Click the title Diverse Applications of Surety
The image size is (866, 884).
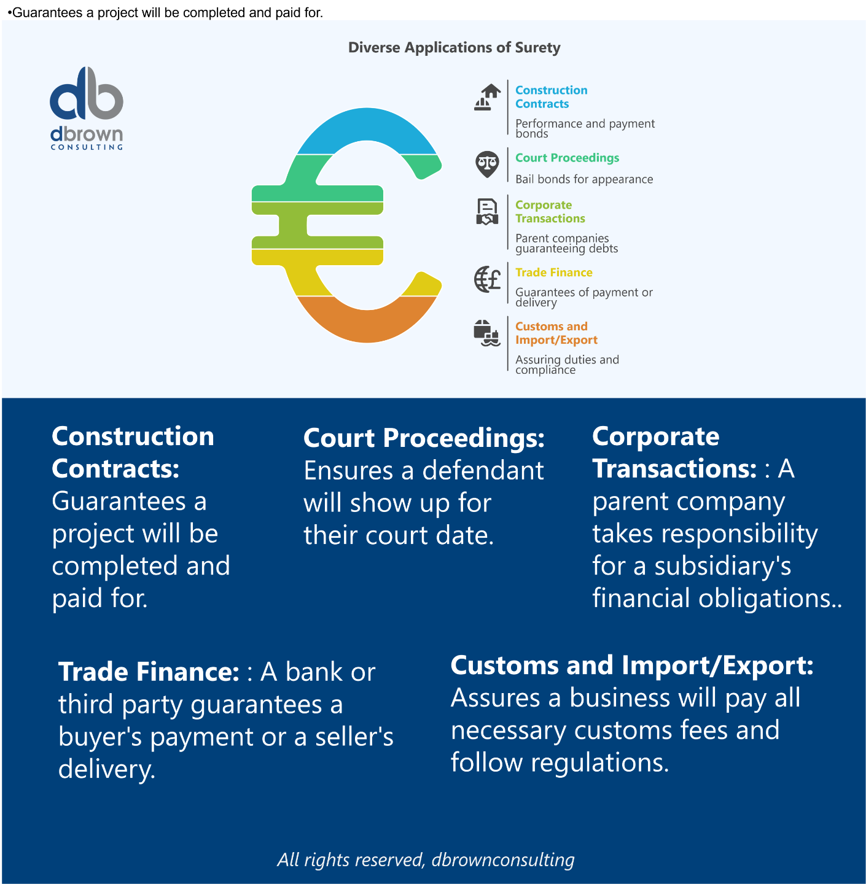[454, 48]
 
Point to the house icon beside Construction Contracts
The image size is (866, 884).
[488, 98]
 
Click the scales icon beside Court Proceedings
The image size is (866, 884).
[487, 165]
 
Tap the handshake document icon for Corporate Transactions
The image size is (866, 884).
[487, 212]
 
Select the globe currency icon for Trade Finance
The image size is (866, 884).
[488, 279]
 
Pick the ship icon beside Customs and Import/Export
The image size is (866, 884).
[488, 333]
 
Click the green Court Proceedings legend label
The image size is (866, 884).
[567, 158]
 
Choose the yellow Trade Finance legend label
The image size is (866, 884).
[553, 273]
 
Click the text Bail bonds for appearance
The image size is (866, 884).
[584, 179]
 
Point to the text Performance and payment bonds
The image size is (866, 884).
[585, 128]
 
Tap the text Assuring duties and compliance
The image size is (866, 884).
[567, 365]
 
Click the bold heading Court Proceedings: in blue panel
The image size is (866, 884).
[424, 438]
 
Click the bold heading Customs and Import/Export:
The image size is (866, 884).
[632, 665]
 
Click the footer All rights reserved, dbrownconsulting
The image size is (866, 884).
[426, 859]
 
